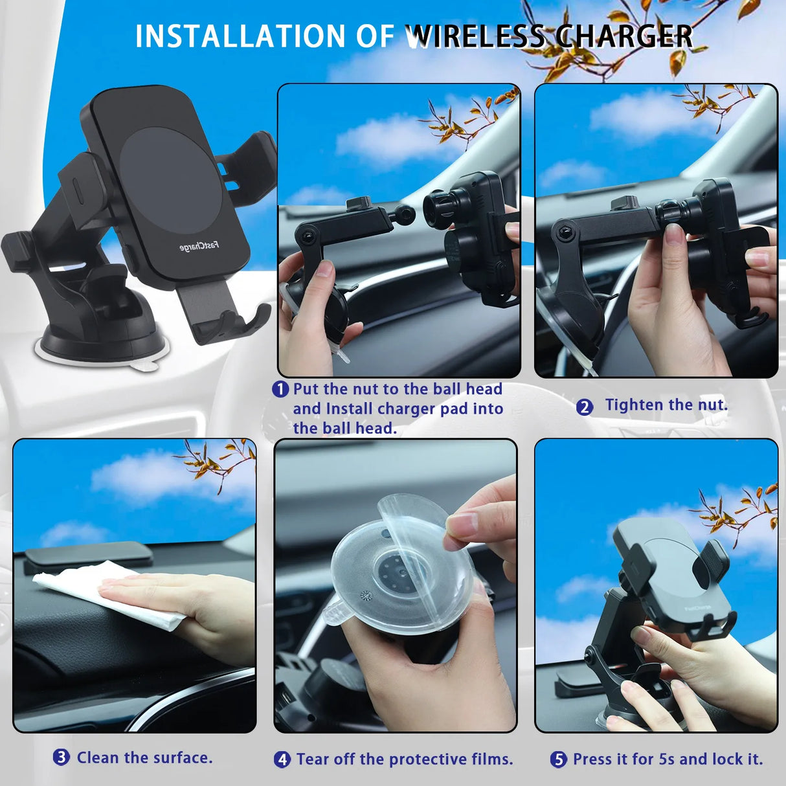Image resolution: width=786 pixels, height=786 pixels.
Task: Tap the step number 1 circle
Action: pos(280,389)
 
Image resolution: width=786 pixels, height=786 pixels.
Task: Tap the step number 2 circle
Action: pos(585,407)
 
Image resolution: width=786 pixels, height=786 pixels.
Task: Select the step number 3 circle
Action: pos(62,757)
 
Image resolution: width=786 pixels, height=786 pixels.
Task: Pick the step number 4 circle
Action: pos(282,759)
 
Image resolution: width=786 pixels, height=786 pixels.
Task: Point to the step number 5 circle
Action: pos(559,759)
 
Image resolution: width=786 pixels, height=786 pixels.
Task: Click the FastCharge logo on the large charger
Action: pos(199,246)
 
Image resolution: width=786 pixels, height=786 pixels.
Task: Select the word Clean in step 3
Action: pos(98,758)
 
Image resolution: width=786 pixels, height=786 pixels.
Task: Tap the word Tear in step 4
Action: pos(313,759)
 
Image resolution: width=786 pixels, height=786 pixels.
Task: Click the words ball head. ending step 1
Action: pos(345,428)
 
